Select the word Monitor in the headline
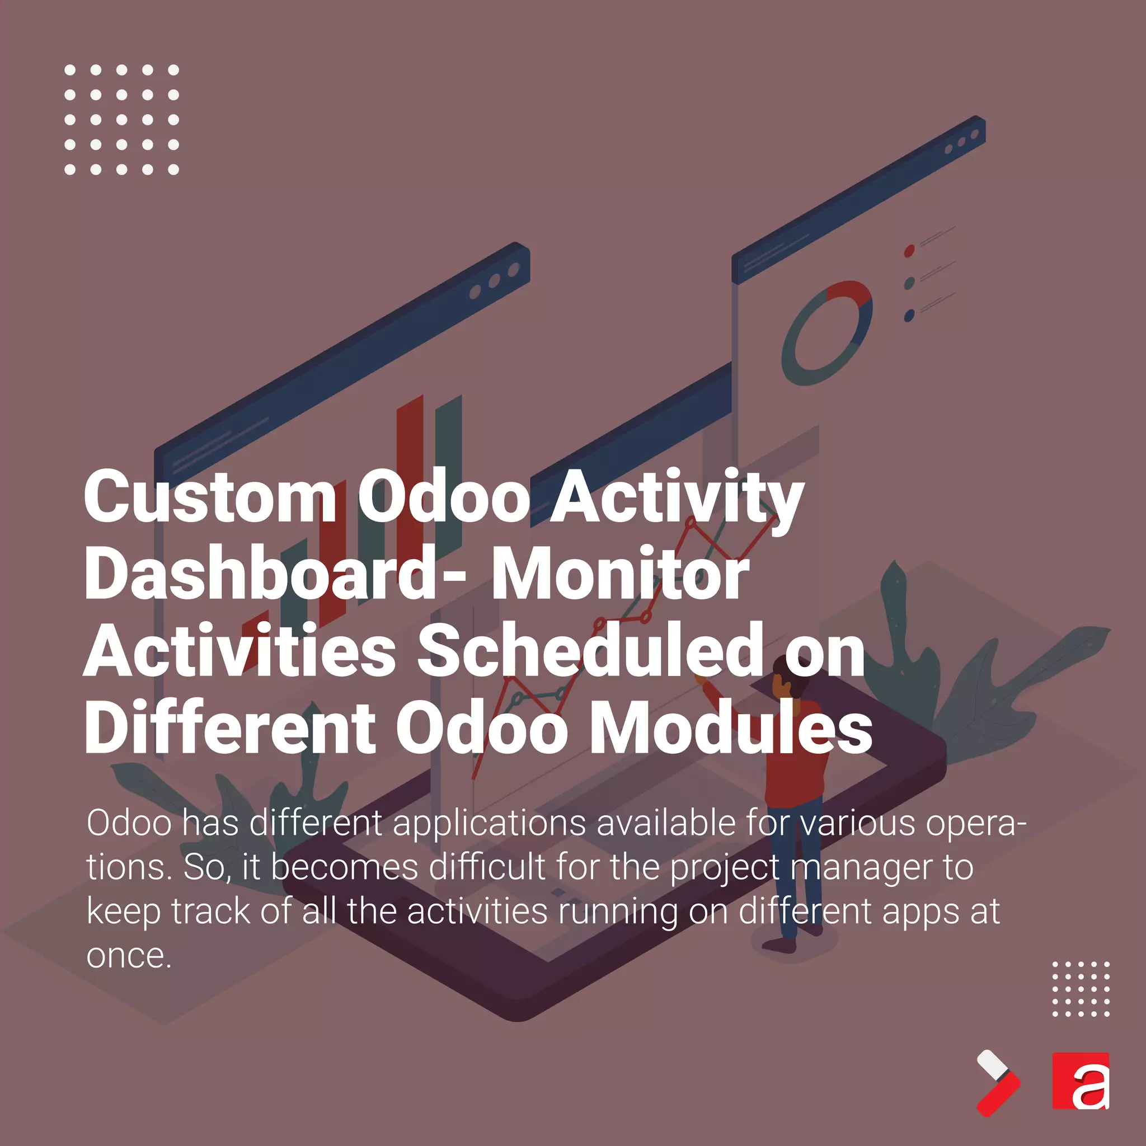[x=620, y=575]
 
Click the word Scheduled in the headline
[x=590, y=651]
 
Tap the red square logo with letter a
[x=1080, y=1081]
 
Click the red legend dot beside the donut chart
[x=909, y=251]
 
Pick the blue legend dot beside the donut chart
[x=909, y=316]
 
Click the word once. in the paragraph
[x=129, y=956]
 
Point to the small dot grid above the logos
[x=1081, y=988]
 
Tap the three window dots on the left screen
[x=494, y=281]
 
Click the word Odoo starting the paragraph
[x=129, y=823]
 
